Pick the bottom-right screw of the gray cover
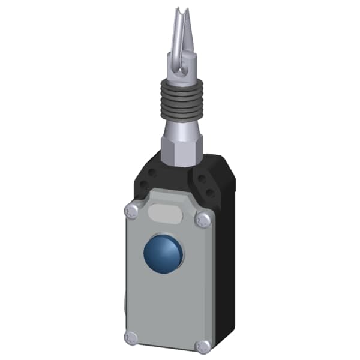203,346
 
